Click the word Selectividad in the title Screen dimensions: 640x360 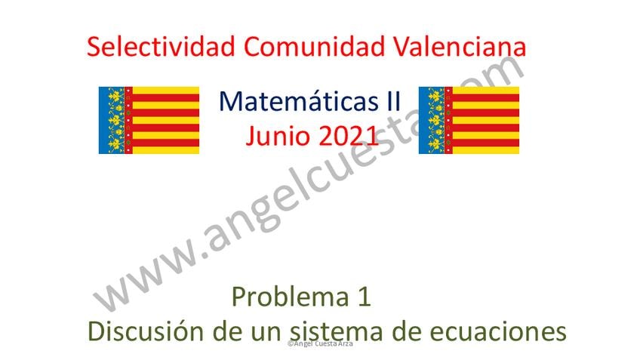click(x=161, y=46)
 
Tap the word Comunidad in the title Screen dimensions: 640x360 click(x=314, y=46)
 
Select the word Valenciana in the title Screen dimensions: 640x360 click(x=460, y=46)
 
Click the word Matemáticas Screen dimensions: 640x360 click(x=299, y=101)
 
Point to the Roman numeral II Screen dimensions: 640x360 click(x=393, y=101)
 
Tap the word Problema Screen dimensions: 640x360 click(x=291, y=297)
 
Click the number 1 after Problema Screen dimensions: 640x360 click(x=364, y=297)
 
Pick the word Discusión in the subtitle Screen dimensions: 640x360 click(x=146, y=331)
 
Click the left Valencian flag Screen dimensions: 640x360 click(x=149, y=120)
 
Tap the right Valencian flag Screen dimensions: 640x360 click(x=469, y=120)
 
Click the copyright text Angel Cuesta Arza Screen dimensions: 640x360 click(x=320, y=343)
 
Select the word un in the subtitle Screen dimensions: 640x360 click(x=266, y=331)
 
